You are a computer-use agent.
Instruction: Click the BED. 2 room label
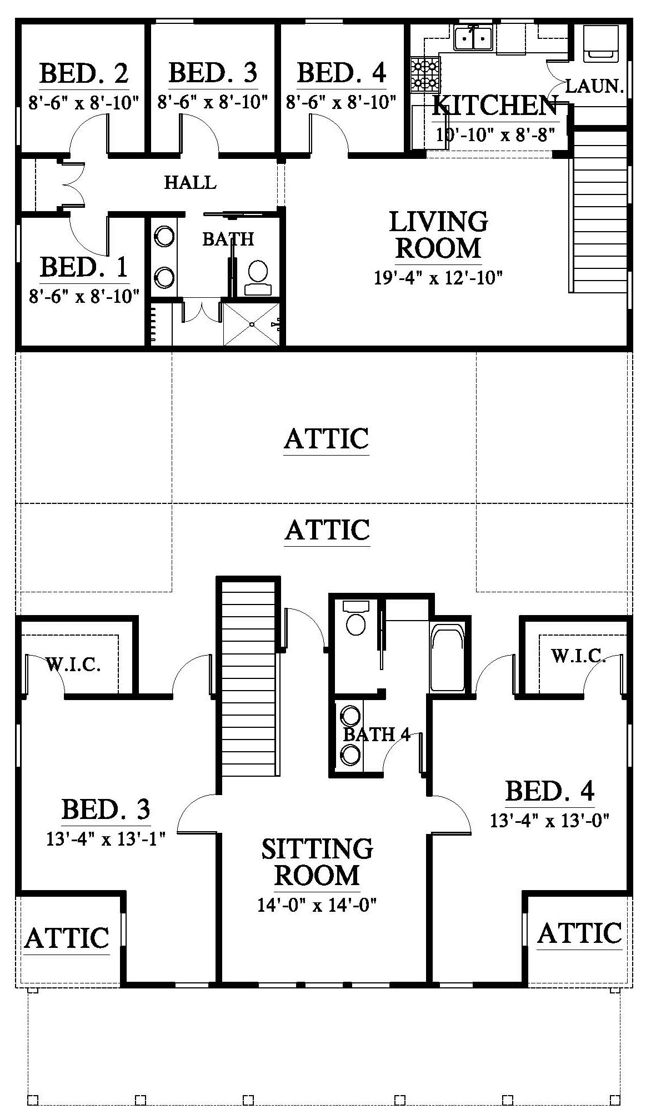coord(84,73)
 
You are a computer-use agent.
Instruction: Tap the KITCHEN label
coord(495,106)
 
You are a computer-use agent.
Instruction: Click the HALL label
coord(190,182)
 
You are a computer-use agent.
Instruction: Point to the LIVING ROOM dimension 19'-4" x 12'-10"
coord(438,277)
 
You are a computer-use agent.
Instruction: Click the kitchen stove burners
coord(425,76)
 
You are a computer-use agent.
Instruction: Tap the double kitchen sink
coord(473,38)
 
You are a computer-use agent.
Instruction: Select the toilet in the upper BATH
coord(258,277)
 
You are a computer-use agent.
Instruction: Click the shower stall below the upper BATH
coord(251,324)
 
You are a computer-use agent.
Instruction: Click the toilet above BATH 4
coord(355,617)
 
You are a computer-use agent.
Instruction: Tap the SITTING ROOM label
coord(317,862)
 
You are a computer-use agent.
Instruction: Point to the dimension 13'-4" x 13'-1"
coord(107,838)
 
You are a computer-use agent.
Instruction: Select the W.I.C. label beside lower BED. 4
coord(578,656)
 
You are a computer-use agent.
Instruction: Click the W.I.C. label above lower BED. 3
coord(73,665)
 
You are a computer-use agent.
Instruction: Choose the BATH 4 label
coord(377,735)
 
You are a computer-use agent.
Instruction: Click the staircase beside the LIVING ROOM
coord(599,210)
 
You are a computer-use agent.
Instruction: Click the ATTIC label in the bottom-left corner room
coord(67,938)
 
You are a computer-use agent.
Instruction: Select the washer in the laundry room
coord(599,43)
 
